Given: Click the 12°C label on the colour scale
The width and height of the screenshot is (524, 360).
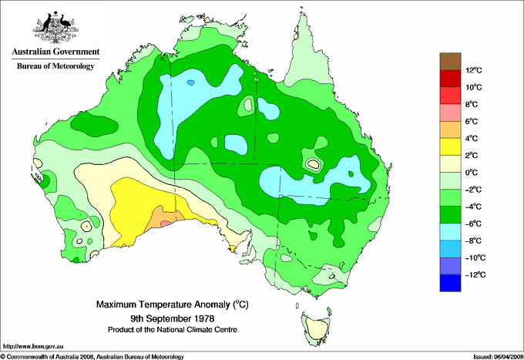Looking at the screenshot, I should (475, 70).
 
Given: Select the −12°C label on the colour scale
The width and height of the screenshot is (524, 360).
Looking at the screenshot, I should (475, 274).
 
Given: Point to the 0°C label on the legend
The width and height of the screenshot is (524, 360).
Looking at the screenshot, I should (475, 173).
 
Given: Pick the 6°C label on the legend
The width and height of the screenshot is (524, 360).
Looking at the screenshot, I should (475, 122).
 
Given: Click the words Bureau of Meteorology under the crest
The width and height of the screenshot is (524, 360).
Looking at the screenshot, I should (55, 66).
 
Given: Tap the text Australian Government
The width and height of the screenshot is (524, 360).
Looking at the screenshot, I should (55, 52).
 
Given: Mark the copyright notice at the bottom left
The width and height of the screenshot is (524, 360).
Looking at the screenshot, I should (92, 356).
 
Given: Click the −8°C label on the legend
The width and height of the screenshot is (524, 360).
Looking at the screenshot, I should (475, 241).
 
